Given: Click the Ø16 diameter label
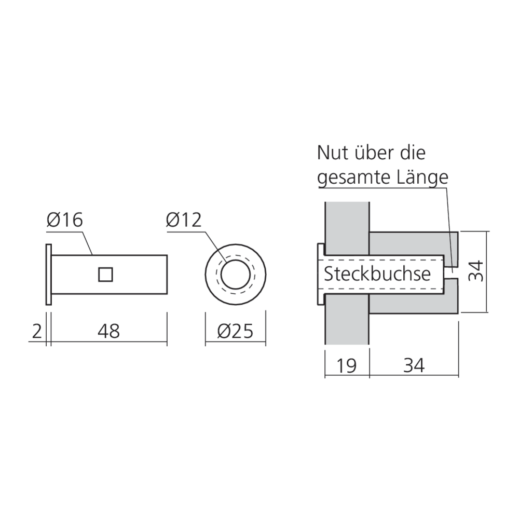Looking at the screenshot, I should [64, 221].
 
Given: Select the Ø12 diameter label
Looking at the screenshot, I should [184, 221].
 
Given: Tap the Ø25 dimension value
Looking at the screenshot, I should [236, 331].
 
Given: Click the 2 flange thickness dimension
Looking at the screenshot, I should [36, 331].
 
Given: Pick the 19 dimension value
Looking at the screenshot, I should [346, 365].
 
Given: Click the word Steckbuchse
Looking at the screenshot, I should [377, 274].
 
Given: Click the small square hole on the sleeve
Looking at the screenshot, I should [105, 274].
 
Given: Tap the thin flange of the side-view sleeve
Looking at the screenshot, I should [48, 274].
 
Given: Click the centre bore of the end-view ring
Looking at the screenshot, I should [236, 274].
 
